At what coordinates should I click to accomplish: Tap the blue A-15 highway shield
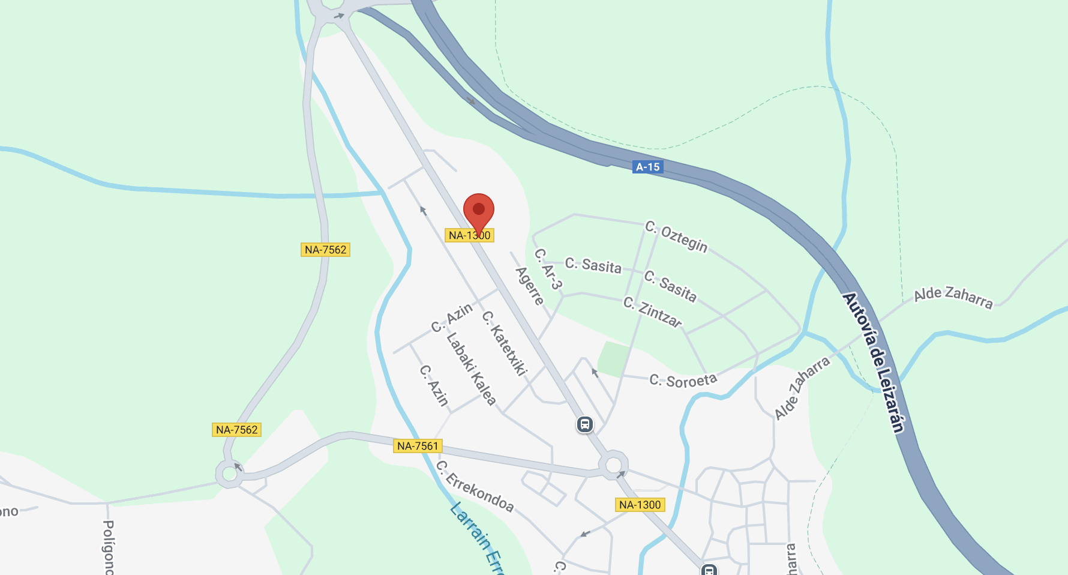pyautogui.click(x=648, y=167)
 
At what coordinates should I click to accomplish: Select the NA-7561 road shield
pyautogui.click(x=418, y=446)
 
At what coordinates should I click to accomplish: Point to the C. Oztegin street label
pyautogui.click(x=676, y=236)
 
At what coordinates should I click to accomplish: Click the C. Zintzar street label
pyautogui.click(x=652, y=312)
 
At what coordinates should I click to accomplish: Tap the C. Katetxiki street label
pyautogui.click(x=505, y=343)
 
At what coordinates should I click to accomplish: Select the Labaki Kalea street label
pyautogui.click(x=471, y=369)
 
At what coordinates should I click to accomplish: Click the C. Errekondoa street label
pyautogui.click(x=475, y=486)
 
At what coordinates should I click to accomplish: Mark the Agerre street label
pyautogui.click(x=530, y=286)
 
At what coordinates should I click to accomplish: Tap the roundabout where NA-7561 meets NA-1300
pyautogui.click(x=613, y=465)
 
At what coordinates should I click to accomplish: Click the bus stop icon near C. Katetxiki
pyautogui.click(x=584, y=424)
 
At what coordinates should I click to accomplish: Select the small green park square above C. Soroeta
pyautogui.click(x=613, y=360)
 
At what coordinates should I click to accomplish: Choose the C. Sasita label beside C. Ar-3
pyautogui.click(x=593, y=265)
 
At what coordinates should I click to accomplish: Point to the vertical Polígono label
pyautogui.click(x=109, y=546)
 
